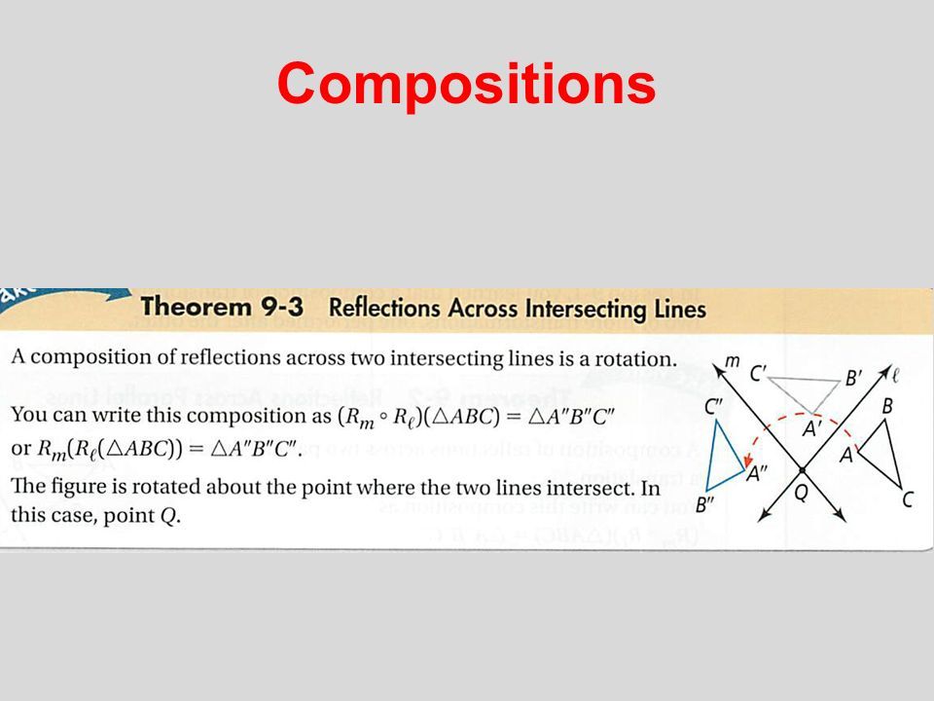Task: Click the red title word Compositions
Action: coord(466,85)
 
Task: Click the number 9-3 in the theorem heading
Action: coord(282,307)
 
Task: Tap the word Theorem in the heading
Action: coord(196,307)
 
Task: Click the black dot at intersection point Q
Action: coord(803,470)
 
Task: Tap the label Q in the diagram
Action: coord(802,493)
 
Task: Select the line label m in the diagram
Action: coord(732,361)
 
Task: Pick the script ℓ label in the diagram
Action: coord(894,375)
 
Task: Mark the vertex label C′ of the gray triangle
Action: coord(758,374)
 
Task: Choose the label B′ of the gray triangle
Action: coord(853,378)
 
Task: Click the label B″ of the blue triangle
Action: coord(704,505)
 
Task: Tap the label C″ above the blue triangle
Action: coord(712,407)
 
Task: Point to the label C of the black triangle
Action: coord(907,499)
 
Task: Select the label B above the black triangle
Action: coord(887,407)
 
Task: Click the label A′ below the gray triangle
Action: coord(811,428)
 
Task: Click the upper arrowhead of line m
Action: coord(719,372)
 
